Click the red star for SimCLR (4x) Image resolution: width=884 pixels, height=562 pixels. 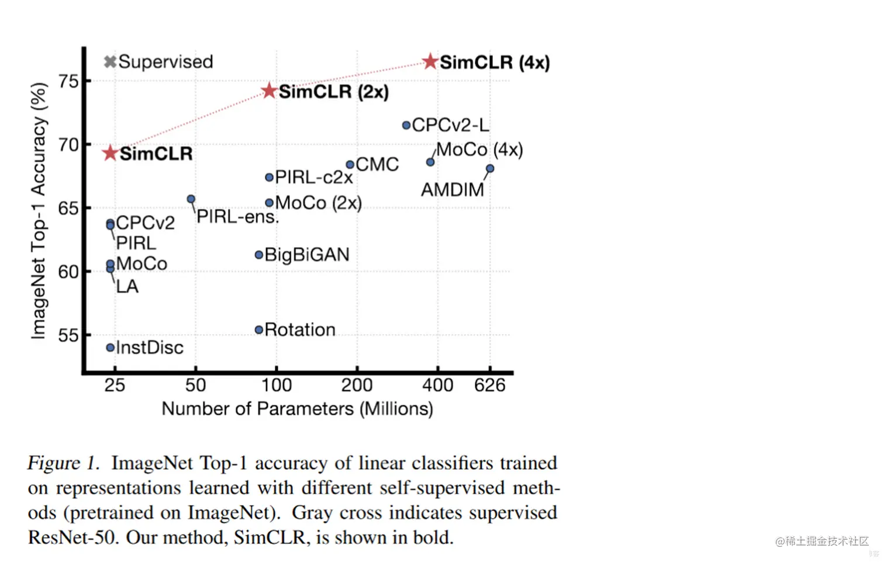430,61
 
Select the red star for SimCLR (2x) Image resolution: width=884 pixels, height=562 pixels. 269,91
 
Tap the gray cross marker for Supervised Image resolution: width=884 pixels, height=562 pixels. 110,61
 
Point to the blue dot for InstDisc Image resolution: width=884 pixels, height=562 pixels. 110,348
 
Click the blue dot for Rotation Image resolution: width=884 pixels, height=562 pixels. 259,330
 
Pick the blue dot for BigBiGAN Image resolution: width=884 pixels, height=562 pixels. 259,255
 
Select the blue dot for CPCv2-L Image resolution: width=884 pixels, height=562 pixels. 406,125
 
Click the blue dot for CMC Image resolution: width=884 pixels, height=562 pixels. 350,165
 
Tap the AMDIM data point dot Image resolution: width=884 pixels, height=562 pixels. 490,168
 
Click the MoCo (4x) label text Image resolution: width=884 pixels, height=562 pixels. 479,150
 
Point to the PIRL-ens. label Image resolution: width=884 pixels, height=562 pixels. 237,217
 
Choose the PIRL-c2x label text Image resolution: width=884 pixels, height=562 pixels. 314,176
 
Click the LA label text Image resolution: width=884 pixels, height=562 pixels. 127,286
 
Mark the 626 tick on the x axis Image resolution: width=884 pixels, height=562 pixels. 490,385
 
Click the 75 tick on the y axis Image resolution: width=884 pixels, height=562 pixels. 68,81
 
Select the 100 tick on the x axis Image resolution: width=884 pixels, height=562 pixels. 276,385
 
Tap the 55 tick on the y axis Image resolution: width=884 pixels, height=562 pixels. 68,335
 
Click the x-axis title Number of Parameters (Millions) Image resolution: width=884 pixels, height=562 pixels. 297,408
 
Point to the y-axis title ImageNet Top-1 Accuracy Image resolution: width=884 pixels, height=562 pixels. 39,210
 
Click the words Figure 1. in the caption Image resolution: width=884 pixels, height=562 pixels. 63,463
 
